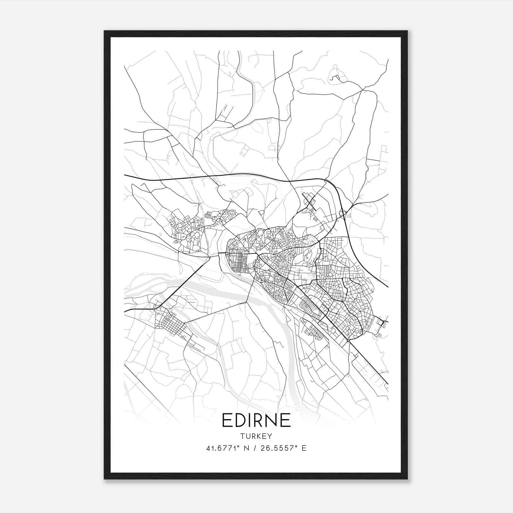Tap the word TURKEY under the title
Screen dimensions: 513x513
coord(256,436)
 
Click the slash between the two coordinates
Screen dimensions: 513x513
coord(255,448)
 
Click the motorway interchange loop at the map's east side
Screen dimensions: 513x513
coord(342,213)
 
